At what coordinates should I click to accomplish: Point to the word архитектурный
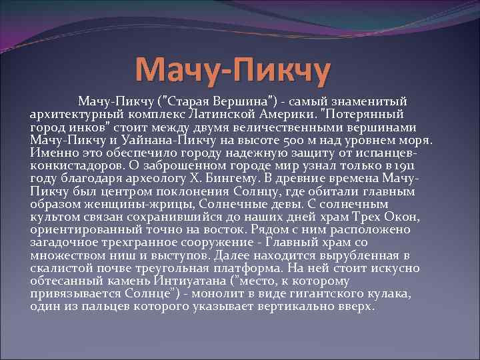(70, 113)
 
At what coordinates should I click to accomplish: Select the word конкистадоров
(73, 167)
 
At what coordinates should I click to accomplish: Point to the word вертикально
(303, 307)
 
